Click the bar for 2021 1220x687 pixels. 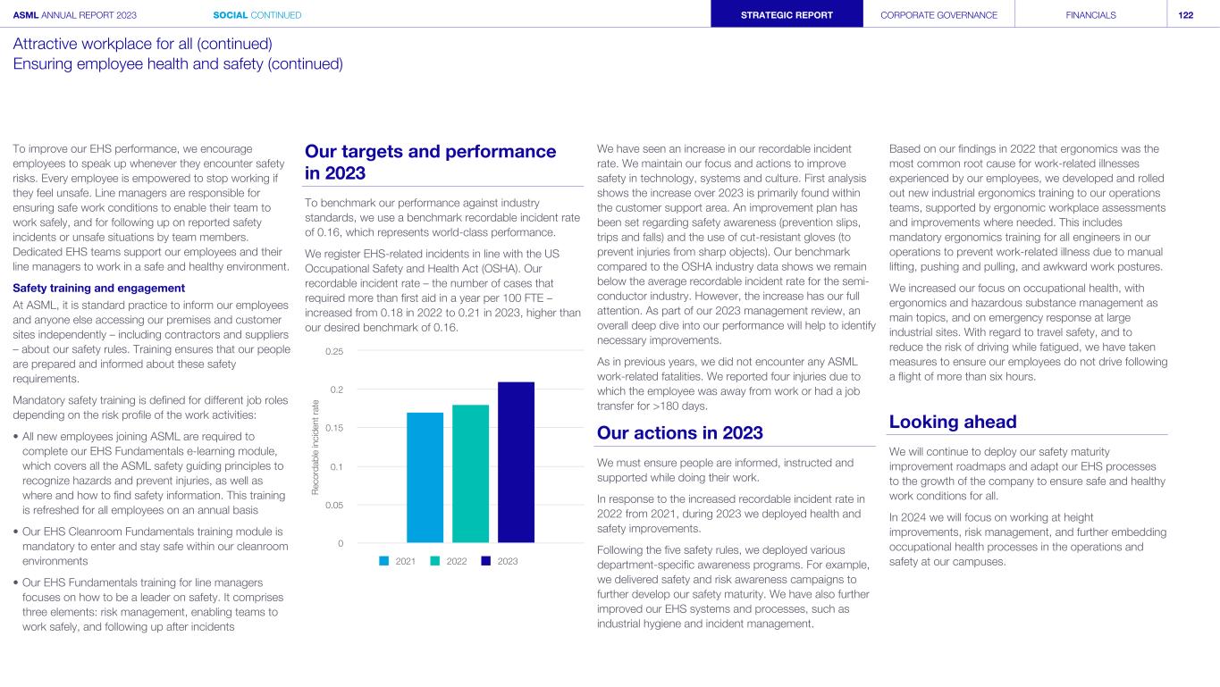[425, 477]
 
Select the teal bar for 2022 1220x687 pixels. [470, 473]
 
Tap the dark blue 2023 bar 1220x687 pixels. [516, 462]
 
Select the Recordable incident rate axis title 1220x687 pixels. [316, 447]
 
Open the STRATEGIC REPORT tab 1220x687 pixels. [787, 14]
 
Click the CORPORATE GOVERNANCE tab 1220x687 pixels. [938, 14]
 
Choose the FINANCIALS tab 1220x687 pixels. [1090, 14]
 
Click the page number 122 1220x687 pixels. [1186, 14]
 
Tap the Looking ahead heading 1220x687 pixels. [953, 422]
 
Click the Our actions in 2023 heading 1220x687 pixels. [679, 433]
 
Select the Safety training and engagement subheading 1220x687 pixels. [98, 288]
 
